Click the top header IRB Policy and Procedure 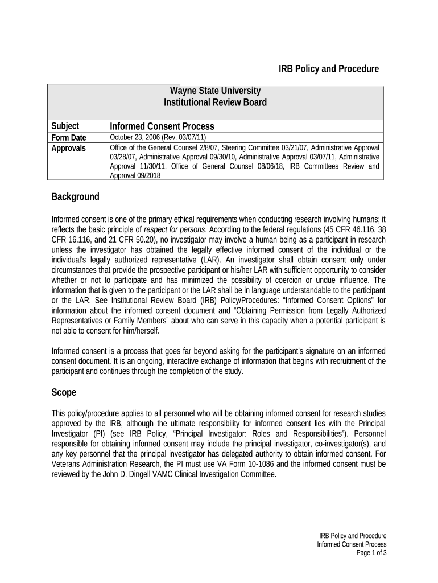click(x=328, y=69)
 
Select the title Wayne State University click(x=216, y=91)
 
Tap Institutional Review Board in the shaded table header click(x=215, y=103)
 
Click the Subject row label click(x=65, y=126)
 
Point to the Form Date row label click(x=69, y=138)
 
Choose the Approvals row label click(x=69, y=149)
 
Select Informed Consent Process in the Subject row click(x=162, y=126)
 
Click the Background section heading click(x=75, y=197)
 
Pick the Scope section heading click(x=64, y=393)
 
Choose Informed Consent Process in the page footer click(x=352, y=544)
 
